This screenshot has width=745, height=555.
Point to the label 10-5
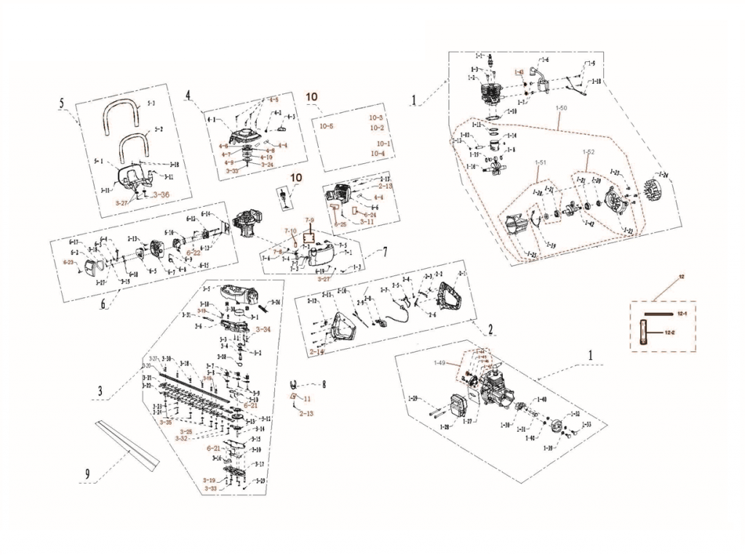[x=327, y=126]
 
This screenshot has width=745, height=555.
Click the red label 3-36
[x=160, y=194]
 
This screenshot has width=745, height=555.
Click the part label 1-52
[x=587, y=151]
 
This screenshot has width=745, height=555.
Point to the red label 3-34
[x=262, y=329]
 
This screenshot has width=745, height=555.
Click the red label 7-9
[x=309, y=220]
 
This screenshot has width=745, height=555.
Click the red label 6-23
[x=70, y=261]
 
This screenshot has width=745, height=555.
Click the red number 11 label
[x=307, y=398]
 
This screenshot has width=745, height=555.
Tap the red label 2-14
[x=316, y=352]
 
